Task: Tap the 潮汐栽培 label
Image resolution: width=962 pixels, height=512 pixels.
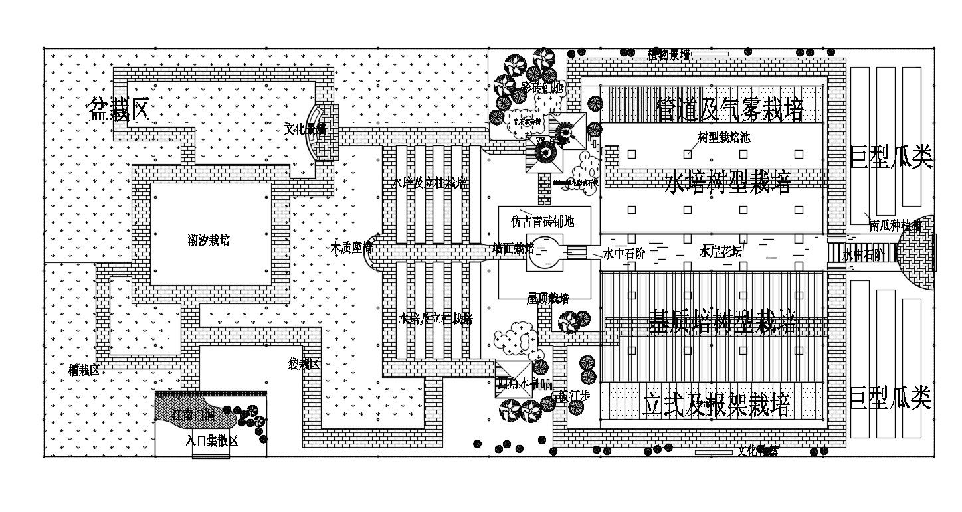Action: pyautogui.click(x=209, y=240)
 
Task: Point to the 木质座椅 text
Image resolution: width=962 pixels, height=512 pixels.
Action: pyautogui.click(x=351, y=248)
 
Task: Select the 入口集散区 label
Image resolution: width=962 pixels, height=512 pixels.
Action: pyautogui.click(x=211, y=440)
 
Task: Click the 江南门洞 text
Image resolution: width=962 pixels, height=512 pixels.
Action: pyautogui.click(x=193, y=416)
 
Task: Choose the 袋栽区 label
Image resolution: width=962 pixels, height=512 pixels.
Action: pyautogui.click(x=303, y=364)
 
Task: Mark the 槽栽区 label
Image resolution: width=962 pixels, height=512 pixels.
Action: pyautogui.click(x=84, y=370)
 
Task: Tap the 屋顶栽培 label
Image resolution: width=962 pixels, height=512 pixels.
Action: pyautogui.click(x=547, y=299)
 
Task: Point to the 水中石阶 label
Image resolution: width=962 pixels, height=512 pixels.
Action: pyautogui.click(x=624, y=253)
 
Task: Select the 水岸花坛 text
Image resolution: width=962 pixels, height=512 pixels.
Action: pyautogui.click(x=720, y=252)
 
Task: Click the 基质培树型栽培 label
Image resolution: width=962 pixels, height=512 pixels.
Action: pyautogui.click(x=722, y=323)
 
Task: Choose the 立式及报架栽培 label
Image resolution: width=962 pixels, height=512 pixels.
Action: pyautogui.click(x=716, y=404)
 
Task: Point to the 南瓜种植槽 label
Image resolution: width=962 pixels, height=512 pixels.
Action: pyautogui.click(x=895, y=226)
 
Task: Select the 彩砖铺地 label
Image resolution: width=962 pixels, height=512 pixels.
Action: pyautogui.click(x=541, y=87)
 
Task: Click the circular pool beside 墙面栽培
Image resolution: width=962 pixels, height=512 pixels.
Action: pyautogui.click(x=545, y=252)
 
